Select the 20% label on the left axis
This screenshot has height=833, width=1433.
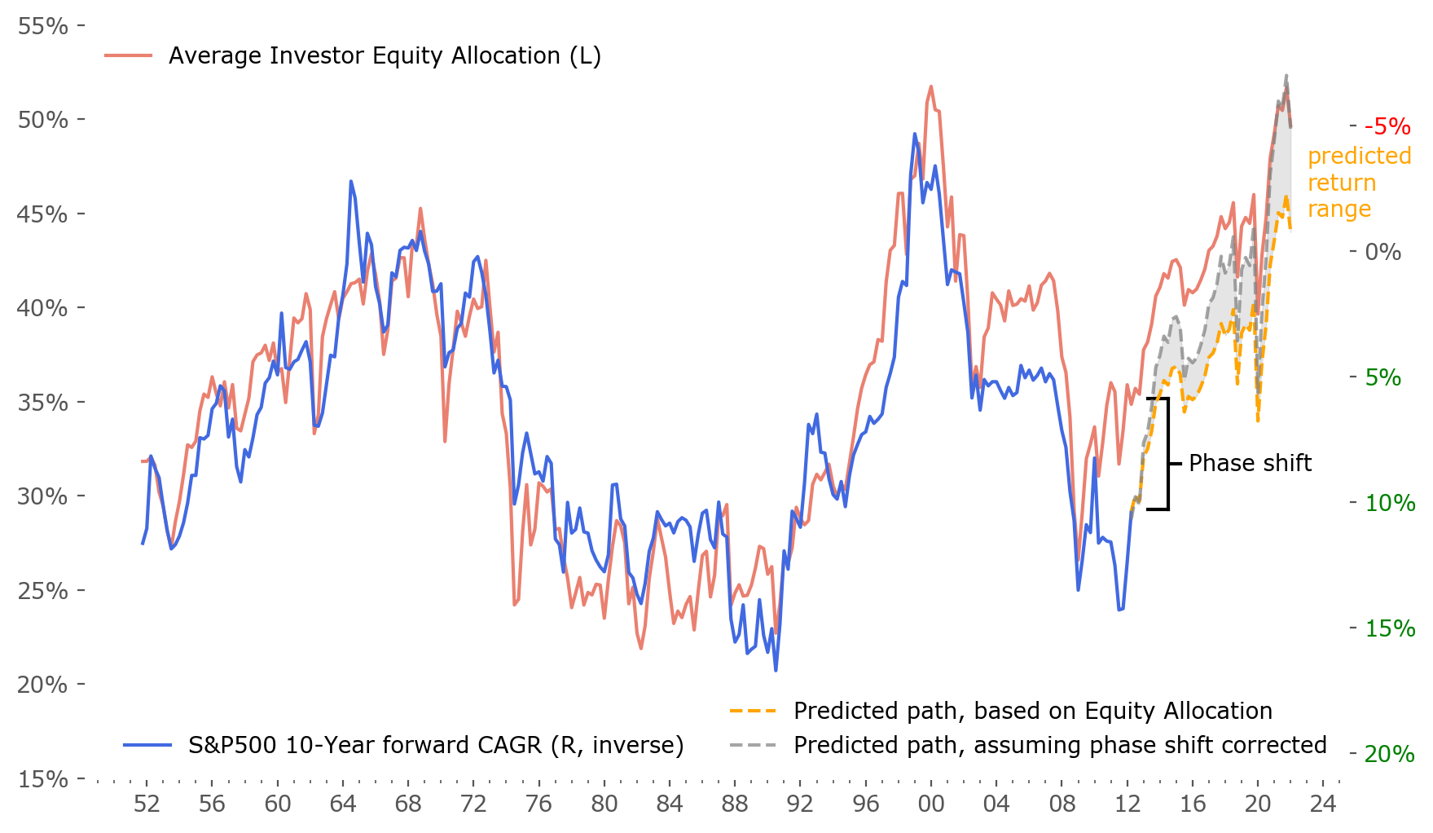click(x=42, y=685)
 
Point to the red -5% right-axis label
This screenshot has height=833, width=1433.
click(x=1387, y=126)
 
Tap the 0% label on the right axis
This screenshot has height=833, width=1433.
click(x=1382, y=252)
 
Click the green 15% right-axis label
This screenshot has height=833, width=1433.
click(x=1390, y=628)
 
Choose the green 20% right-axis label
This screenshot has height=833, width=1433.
click(x=1390, y=754)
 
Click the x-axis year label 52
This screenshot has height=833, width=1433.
click(x=147, y=804)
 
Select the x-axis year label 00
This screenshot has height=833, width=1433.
click(x=930, y=804)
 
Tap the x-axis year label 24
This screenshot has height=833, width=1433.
click(x=1323, y=804)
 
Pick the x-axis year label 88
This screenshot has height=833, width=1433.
click(x=735, y=804)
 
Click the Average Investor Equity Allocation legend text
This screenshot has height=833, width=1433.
click(x=385, y=55)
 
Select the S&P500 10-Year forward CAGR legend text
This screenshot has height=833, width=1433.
click(x=436, y=745)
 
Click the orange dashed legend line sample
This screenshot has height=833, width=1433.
click(x=753, y=711)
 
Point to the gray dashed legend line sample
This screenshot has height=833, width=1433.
click(x=753, y=745)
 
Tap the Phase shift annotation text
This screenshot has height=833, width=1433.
click(x=1250, y=463)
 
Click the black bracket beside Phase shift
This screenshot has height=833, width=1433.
click(x=1168, y=454)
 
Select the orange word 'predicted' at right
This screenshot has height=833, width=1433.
click(x=1359, y=156)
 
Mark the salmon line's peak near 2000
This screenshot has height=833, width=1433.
click(x=930, y=86)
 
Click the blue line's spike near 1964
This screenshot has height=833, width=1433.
click(x=351, y=182)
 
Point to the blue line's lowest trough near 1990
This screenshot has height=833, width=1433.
click(x=776, y=670)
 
